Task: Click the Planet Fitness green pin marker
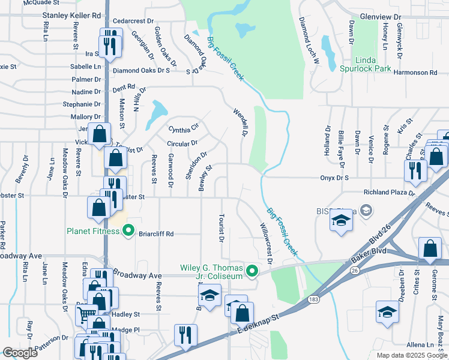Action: pos(127,230)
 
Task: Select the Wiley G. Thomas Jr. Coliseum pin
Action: pos(253,272)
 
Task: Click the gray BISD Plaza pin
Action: pos(366,211)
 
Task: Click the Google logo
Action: pos(20,353)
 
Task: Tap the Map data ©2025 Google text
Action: pos(411,355)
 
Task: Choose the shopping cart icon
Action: pos(88,313)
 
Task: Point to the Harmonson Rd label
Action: pos(415,73)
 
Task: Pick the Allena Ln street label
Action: pos(420,345)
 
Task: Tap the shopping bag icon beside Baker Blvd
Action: pos(430,248)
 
